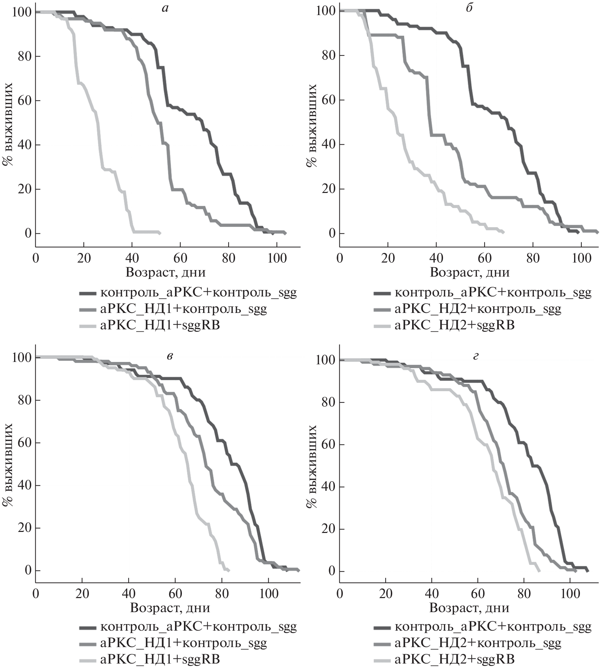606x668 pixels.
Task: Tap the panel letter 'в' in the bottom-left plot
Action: click(x=169, y=356)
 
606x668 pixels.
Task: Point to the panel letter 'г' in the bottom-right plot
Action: click(x=476, y=356)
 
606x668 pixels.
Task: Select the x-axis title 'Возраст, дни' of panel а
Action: click(x=166, y=272)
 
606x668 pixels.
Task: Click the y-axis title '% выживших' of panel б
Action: click(x=312, y=125)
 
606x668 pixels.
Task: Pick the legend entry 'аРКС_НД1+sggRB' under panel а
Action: click(x=160, y=325)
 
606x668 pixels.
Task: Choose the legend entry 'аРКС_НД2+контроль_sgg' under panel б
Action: click(x=478, y=309)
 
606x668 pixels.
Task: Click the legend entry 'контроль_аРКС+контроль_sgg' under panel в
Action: click(x=198, y=627)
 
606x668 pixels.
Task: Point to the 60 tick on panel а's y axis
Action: click(x=25, y=100)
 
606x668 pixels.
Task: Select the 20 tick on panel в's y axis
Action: click(x=25, y=528)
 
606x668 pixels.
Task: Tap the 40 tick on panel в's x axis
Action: click(x=129, y=593)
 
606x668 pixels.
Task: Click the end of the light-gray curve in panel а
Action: click(x=160, y=232)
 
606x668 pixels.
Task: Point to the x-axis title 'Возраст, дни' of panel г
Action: click(x=469, y=608)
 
